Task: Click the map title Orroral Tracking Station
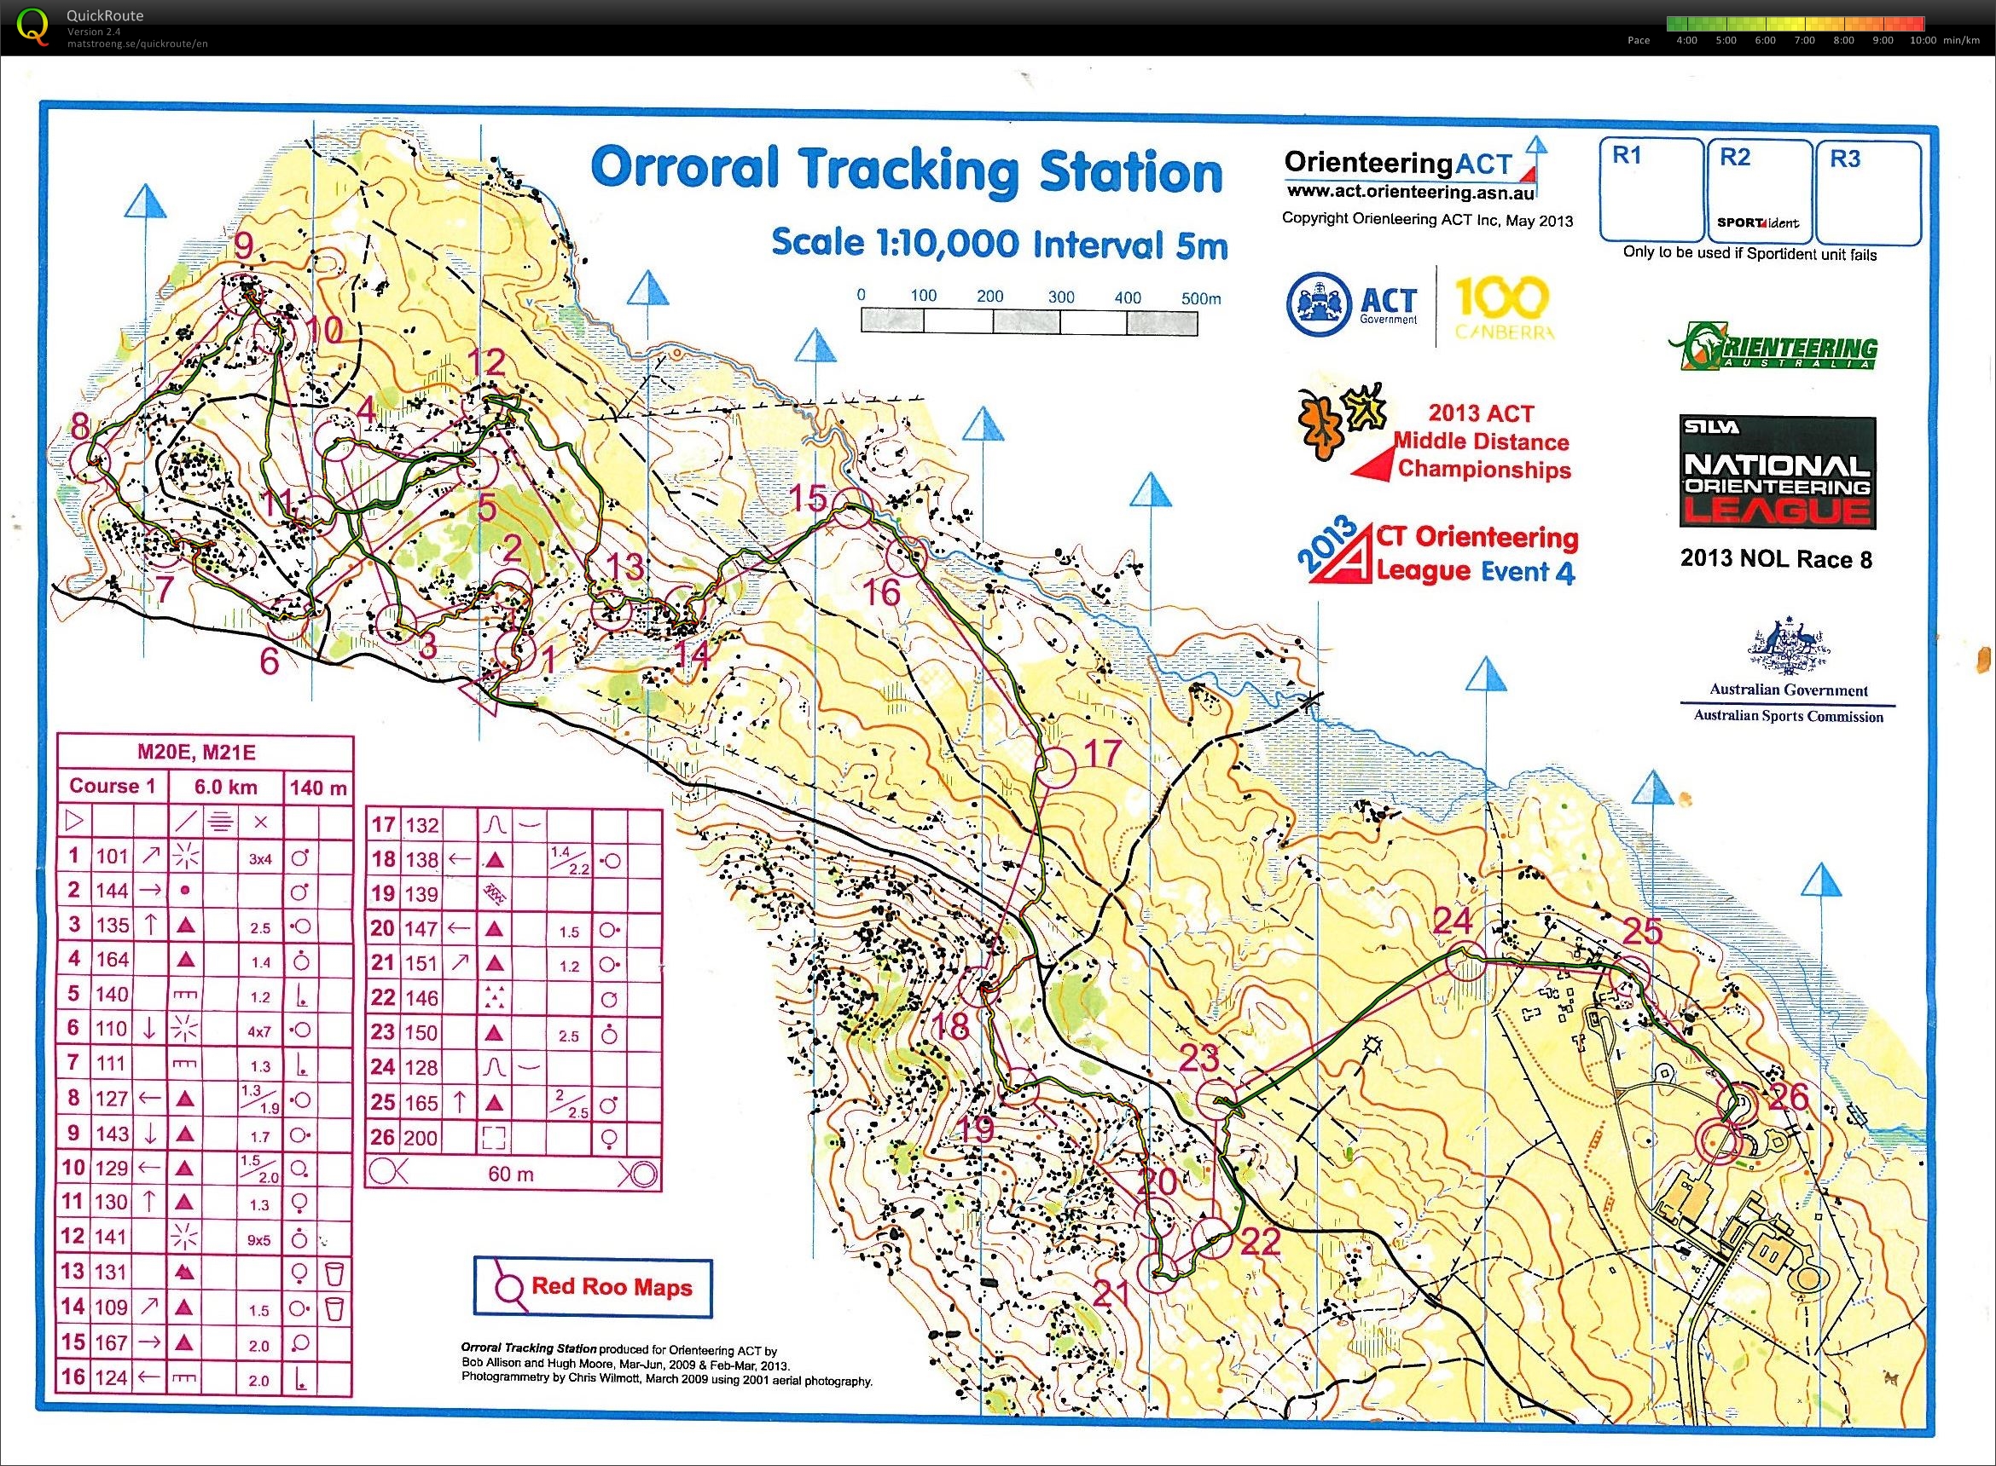[x=907, y=170]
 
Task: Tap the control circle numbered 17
[x=1055, y=767]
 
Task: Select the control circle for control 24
[x=1465, y=962]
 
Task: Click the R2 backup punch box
[x=1759, y=191]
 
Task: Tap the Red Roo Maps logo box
[x=593, y=1288]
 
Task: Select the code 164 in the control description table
[x=112, y=959]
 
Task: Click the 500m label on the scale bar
[x=1200, y=299]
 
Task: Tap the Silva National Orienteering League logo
[x=1778, y=474]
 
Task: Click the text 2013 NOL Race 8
[x=1776, y=559]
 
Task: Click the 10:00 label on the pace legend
[x=1923, y=41]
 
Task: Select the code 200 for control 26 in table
[x=421, y=1138]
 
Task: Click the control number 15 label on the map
[x=808, y=499]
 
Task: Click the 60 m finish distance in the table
[x=511, y=1174]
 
